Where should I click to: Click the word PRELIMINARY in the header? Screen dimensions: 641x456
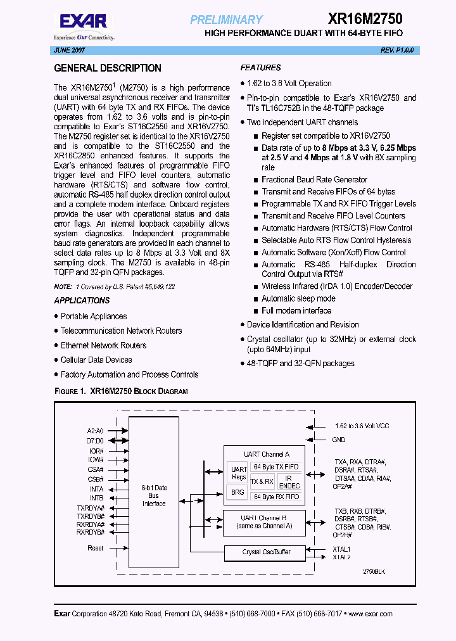click(226, 20)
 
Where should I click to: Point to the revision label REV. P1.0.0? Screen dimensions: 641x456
click(397, 50)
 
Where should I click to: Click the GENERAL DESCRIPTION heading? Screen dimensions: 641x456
click(108, 68)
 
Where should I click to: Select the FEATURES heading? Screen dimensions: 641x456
click(260, 68)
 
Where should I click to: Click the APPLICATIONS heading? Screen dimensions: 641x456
click(82, 300)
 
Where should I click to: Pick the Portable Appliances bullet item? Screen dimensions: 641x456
click(94, 316)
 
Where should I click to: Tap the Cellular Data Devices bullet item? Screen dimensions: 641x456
click(96, 360)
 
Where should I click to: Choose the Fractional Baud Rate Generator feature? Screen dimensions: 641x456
click(314, 180)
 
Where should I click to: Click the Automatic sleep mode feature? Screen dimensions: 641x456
click(298, 298)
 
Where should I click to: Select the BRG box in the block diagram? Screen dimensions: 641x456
click(237, 492)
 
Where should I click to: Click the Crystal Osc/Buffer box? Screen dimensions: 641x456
click(266, 552)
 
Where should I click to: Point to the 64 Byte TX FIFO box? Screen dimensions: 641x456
click(275, 467)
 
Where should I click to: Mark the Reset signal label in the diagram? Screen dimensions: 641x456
click(95, 549)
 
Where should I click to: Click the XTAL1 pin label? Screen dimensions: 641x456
click(341, 549)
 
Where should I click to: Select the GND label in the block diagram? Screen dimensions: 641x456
click(339, 440)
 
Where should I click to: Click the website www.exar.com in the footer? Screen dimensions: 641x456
click(370, 614)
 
